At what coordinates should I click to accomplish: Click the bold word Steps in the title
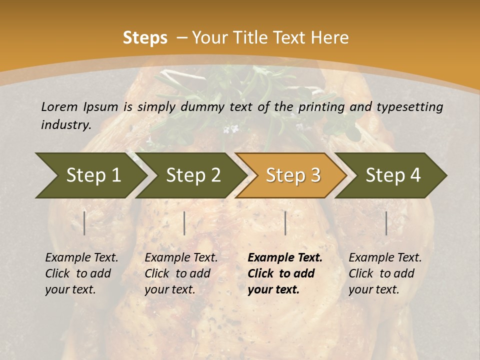(x=145, y=38)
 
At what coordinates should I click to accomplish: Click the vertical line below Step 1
(x=84, y=223)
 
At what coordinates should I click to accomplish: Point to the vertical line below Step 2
(x=184, y=223)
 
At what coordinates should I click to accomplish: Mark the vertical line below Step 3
(x=285, y=223)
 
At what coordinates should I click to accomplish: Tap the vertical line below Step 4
(x=386, y=223)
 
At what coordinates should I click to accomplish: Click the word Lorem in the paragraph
(x=59, y=106)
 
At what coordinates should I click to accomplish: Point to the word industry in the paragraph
(x=65, y=124)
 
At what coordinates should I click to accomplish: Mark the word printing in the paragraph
(x=320, y=106)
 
